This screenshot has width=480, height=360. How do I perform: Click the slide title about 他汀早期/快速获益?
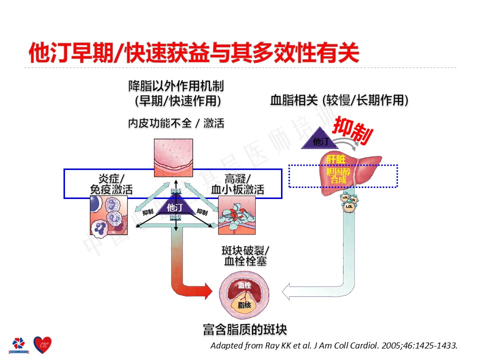tap(194, 52)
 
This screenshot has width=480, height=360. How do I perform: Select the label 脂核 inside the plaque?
tap(244, 304)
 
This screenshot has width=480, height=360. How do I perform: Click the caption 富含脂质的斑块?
tap(245, 329)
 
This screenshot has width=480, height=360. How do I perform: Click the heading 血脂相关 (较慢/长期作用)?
tap(339, 100)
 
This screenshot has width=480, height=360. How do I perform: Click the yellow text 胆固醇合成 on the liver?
tap(335, 175)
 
